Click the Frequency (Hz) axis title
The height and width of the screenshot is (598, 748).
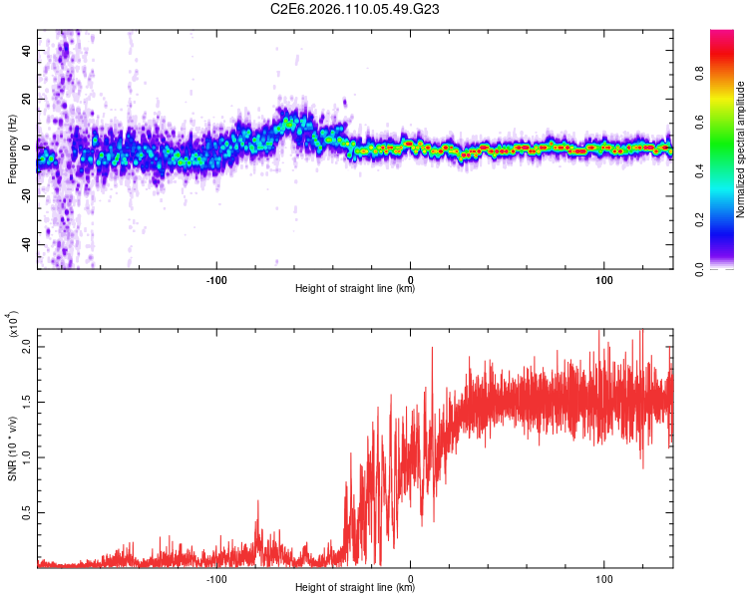point(12,149)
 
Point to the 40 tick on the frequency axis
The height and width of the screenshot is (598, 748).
point(28,49)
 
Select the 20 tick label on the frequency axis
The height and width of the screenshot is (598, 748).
point(28,98)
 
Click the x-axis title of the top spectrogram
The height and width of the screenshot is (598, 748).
point(355,289)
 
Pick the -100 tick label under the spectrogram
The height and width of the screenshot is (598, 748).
point(216,278)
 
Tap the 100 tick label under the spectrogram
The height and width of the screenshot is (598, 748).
point(603,278)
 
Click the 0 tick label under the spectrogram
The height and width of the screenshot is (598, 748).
point(410,278)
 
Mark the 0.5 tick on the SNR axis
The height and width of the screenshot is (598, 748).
point(27,512)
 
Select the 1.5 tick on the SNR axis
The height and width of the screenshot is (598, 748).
point(27,401)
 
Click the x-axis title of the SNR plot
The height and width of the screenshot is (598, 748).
point(355,587)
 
